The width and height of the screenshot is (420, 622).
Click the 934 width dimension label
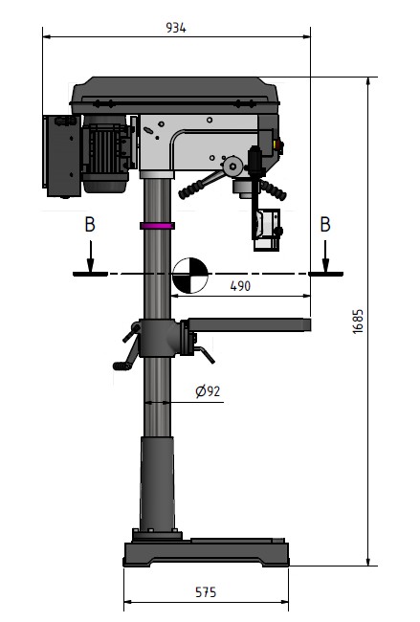176,28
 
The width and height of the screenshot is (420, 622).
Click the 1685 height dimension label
358,322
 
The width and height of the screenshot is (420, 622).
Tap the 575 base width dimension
206,592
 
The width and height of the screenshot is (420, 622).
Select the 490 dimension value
240,286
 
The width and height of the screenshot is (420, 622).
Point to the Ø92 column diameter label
208,391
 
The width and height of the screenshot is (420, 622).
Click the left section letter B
90,225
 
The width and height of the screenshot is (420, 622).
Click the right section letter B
325,225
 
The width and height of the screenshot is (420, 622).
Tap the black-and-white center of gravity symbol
190,276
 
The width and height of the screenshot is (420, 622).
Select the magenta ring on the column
157,226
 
